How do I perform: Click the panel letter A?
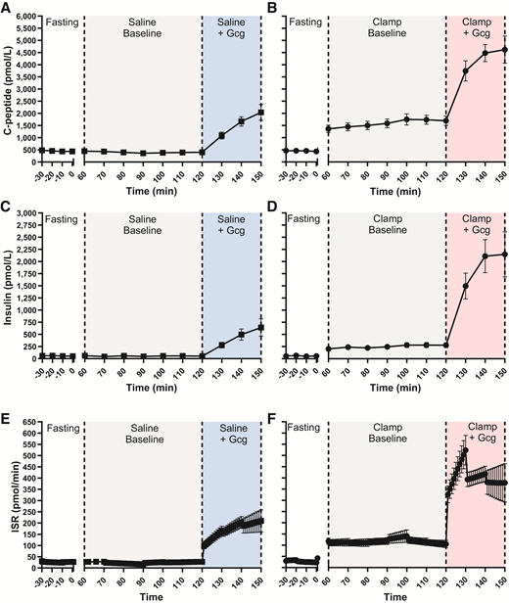[x=8, y=8]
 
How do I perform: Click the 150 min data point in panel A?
[x=261, y=113]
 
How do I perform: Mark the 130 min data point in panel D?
[x=465, y=287]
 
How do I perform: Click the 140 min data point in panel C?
[x=241, y=335]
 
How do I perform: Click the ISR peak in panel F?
[x=464, y=450]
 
